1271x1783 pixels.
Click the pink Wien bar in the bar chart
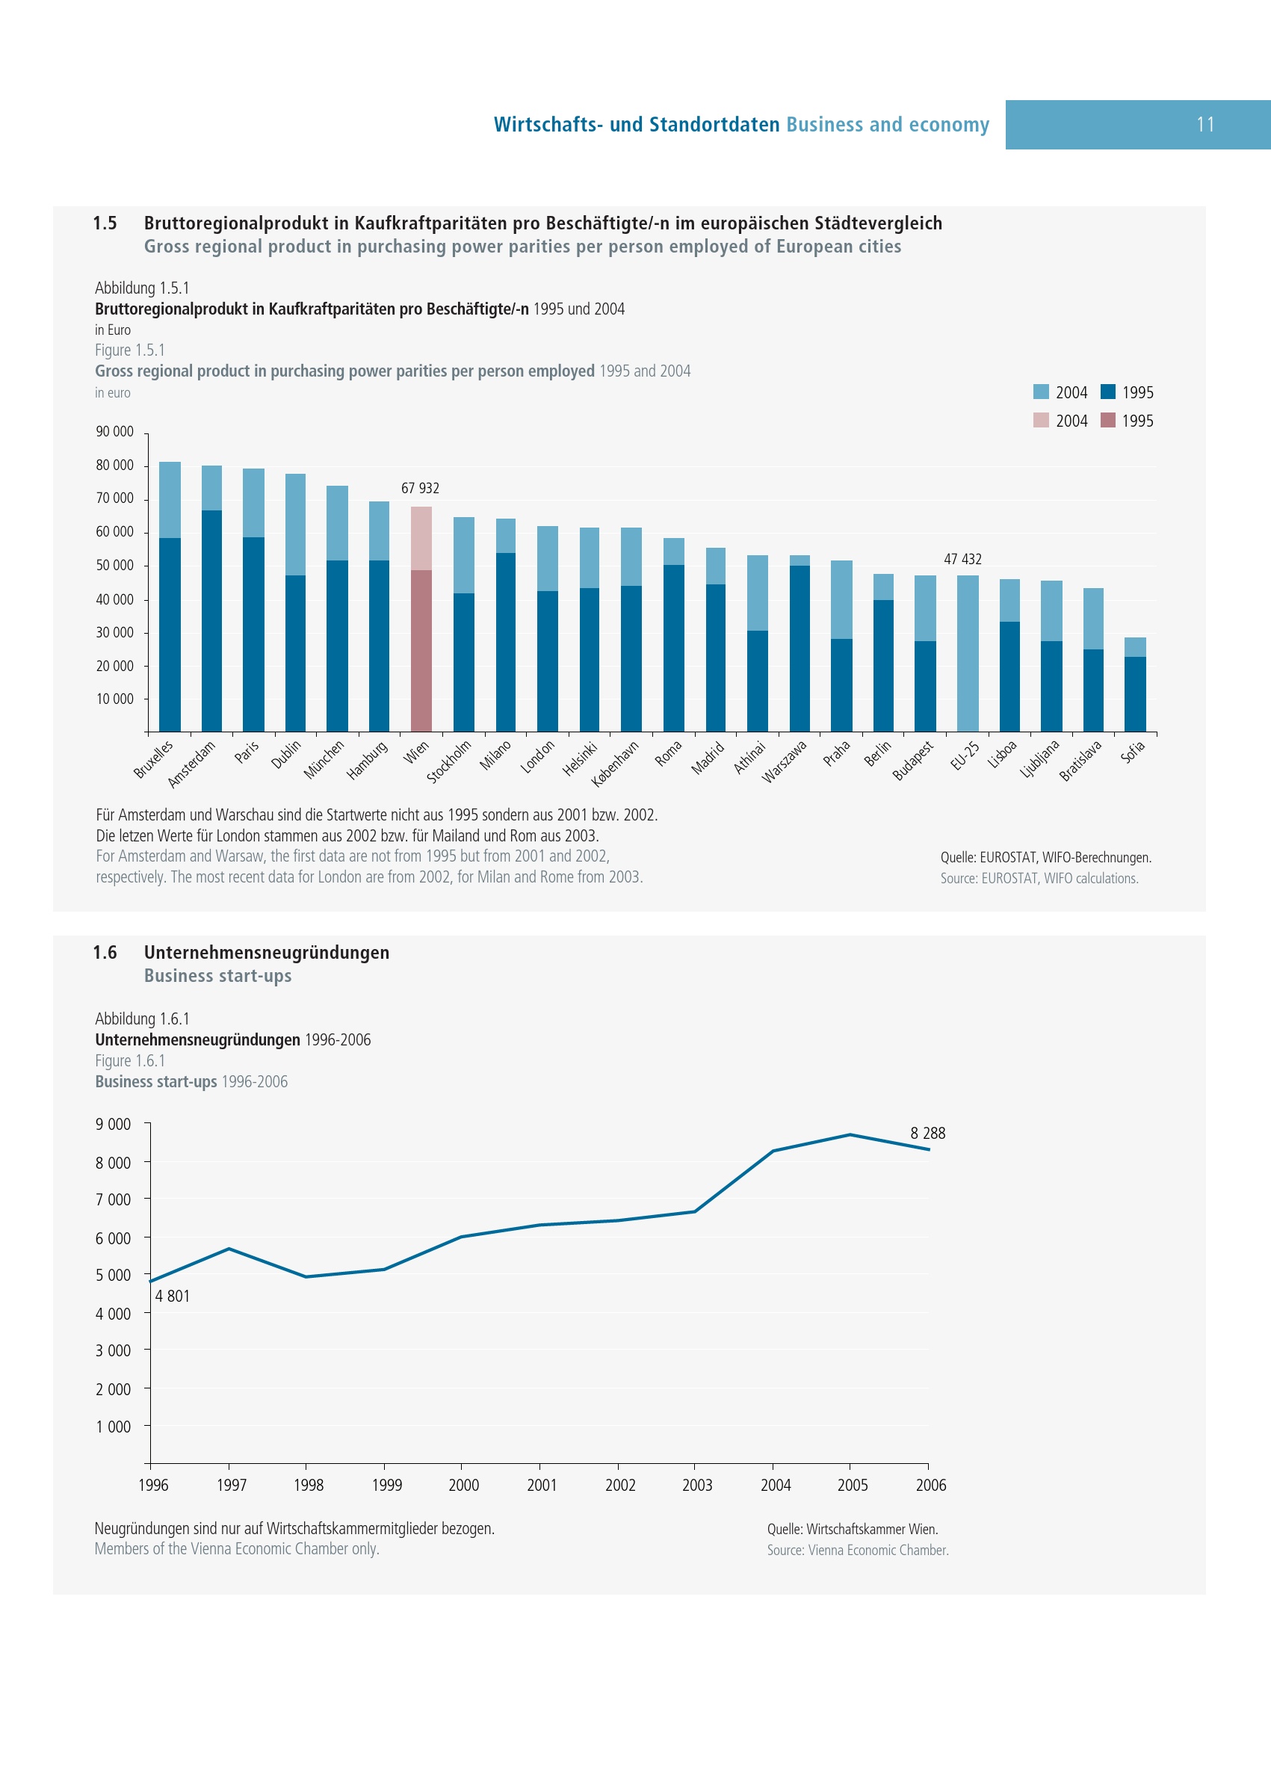[x=421, y=618]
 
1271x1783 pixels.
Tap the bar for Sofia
[x=1135, y=685]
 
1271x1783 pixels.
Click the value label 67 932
[x=420, y=489]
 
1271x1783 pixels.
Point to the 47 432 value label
[x=962, y=560]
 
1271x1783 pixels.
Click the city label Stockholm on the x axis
[x=450, y=761]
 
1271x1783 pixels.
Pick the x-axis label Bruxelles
[x=153, y=759]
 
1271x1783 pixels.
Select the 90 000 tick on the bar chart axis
[x=114, y=432]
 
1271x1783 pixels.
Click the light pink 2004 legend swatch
[x=1041, y=420]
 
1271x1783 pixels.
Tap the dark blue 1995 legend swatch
[x=1107, y=392]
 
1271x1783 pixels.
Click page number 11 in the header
[x=1205, y=125]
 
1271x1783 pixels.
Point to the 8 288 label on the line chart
[x=927, y=1134]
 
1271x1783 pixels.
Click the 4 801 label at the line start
[x=172, y=1297]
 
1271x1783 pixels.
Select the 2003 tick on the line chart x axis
[x=696, y=1486]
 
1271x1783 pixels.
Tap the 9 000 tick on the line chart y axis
[x=114, y=1125]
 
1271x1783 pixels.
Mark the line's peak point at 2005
[x=850, y=1135]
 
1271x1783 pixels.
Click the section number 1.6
[x=105, y=953]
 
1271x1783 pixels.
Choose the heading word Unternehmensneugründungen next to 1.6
[x=266, y=953]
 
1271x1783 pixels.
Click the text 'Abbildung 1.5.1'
[x=142, y=288]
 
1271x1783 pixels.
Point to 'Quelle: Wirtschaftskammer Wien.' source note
[x=853, y=1530]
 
